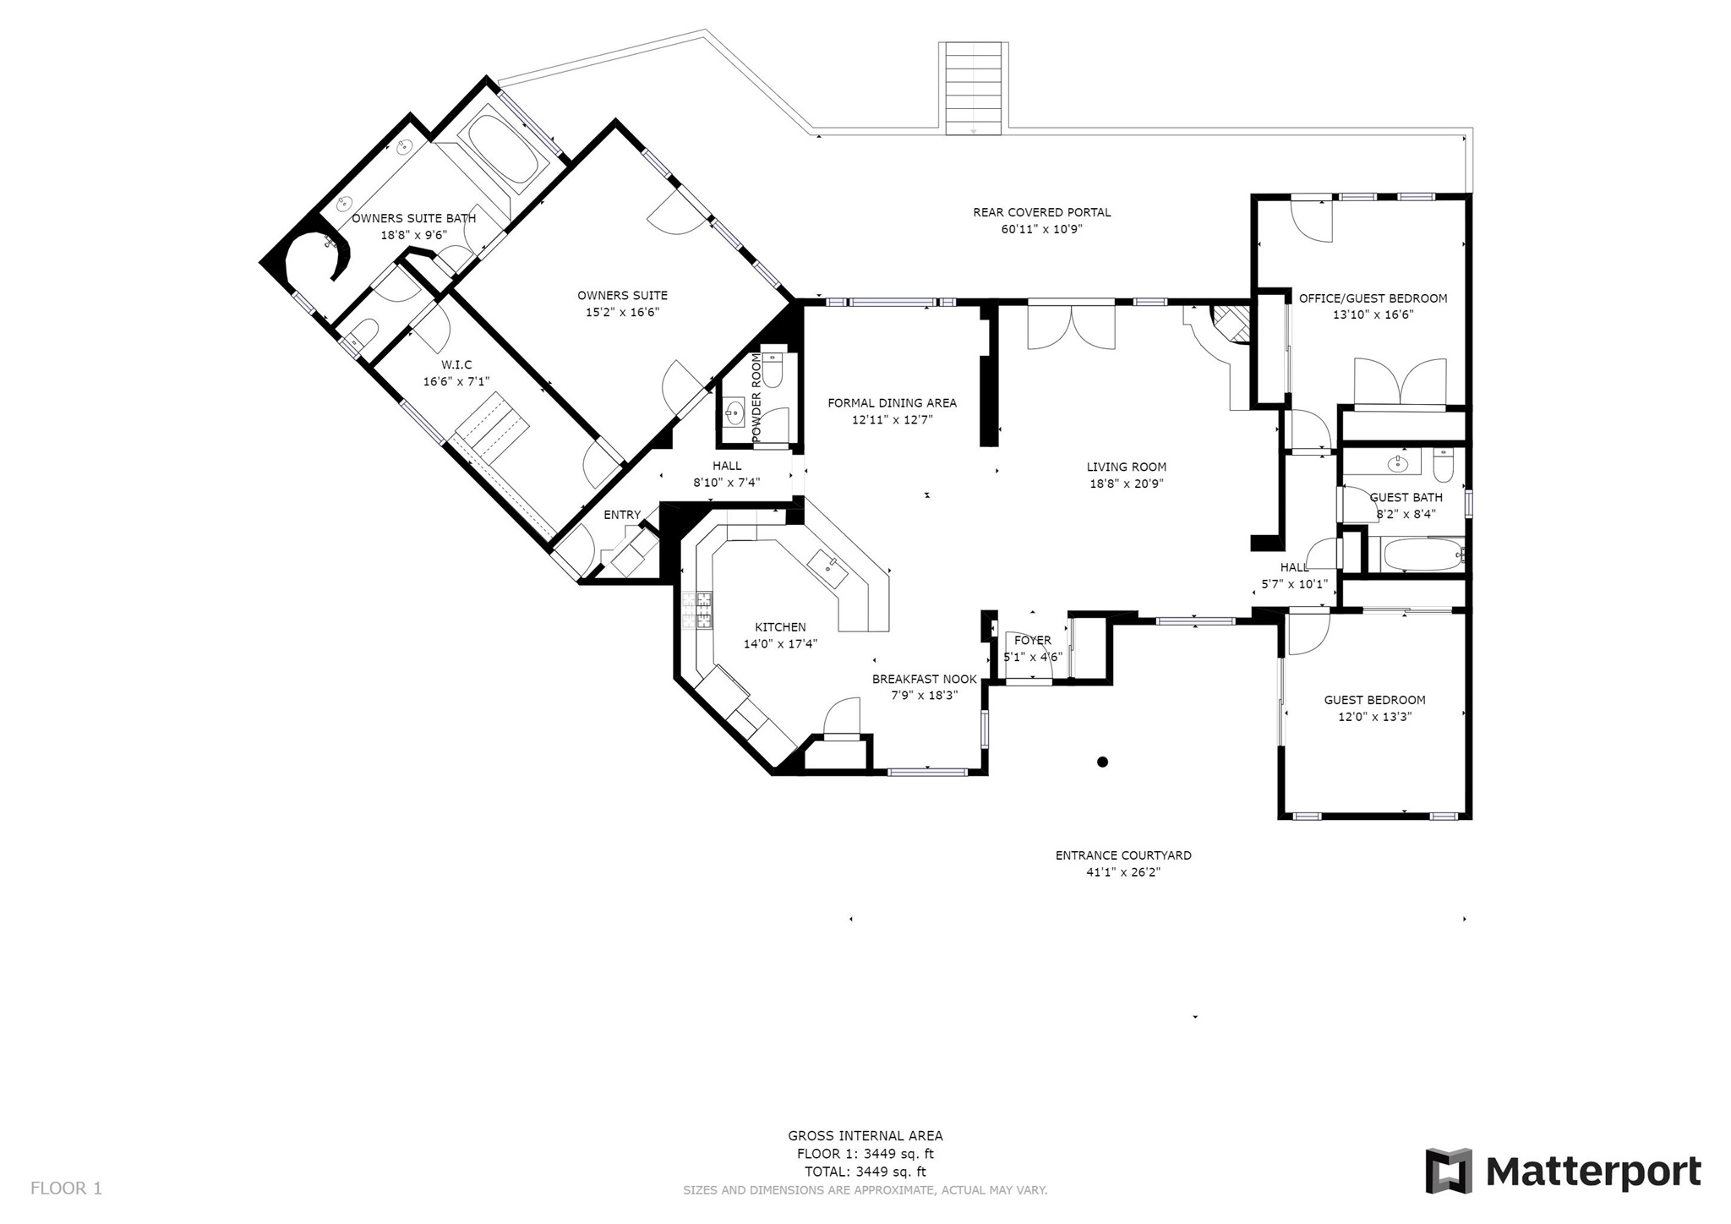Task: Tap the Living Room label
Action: pos(1127,467)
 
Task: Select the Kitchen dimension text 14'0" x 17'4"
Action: pos(780,644)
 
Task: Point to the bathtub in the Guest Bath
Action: pos(1423,555)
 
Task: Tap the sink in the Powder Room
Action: pos(734,414)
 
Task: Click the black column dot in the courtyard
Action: pos(1102,762)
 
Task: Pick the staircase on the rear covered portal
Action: pos(974,88)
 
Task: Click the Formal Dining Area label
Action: pos(893,403)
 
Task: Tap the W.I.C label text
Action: pos(456,364)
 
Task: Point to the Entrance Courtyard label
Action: pos(1123,855)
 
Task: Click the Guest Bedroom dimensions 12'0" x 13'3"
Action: pos(1374,717)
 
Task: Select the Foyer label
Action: pos(1033,641)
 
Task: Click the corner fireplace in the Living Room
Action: pos(1231,324)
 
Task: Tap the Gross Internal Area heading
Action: pos(865,1136)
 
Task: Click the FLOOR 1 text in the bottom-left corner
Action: pos(66,1188)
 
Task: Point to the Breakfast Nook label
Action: pos(925,679)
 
